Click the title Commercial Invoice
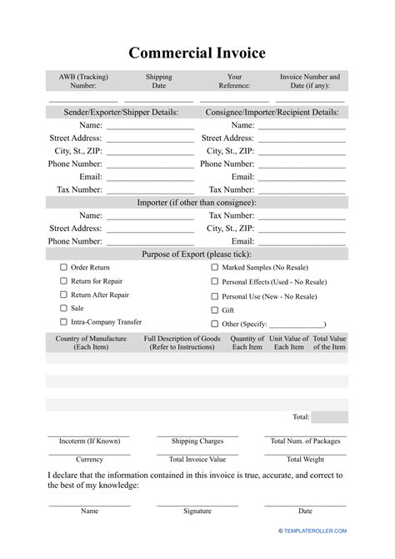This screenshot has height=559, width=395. point(197,53)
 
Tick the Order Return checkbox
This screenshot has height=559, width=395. point(63,268)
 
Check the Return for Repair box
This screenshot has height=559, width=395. point(63,281)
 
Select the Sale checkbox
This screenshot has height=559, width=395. point(63,308)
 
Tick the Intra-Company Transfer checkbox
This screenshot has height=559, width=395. point(63,321)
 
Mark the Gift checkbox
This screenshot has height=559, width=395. point(214,310)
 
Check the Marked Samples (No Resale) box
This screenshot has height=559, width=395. point(214,268)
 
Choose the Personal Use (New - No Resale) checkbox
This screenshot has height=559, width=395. point(214,296)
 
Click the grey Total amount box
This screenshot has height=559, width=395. point(330,416)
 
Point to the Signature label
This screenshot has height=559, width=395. point(197,511)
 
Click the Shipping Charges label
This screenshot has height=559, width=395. point(197,441)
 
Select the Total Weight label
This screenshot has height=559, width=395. point(306,459)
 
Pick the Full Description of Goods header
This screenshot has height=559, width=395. point(182,342)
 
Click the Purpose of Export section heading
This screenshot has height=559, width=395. point(197,254)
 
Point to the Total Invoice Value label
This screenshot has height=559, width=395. point(197,459)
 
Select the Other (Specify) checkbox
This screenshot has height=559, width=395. point(214,323)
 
